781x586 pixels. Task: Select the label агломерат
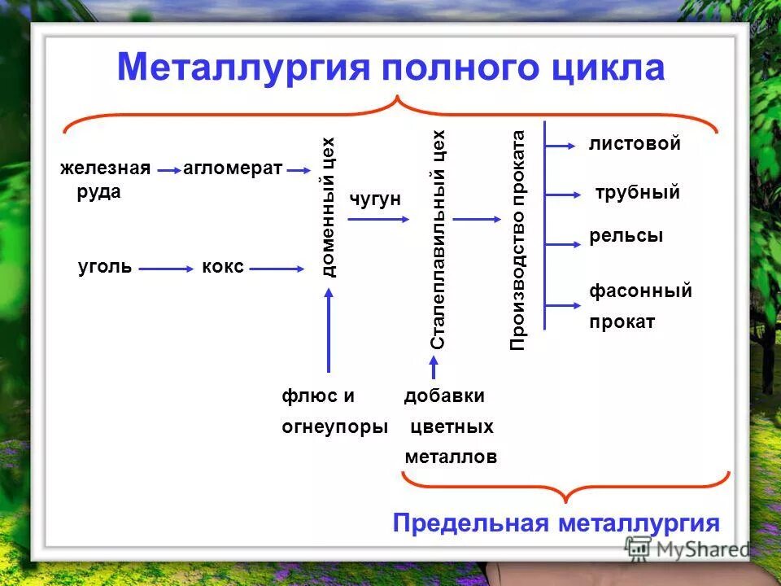(233, 168)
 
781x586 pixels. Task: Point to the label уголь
(104, 266)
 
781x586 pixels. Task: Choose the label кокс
(222, 266)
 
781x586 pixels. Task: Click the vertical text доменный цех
(328, 208)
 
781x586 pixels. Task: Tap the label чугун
(375, 199)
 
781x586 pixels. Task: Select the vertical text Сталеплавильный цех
(438, 240)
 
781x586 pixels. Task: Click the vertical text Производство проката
(517, 240)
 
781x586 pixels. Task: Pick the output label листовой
(635, 144)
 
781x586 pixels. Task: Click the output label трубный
(637, 193)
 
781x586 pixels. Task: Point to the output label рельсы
(626, 236)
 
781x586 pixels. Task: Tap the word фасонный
(640, 291)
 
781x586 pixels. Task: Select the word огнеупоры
(334, 426)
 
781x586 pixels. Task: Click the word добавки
(444, 396)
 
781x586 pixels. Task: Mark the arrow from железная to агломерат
(168, 170)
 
